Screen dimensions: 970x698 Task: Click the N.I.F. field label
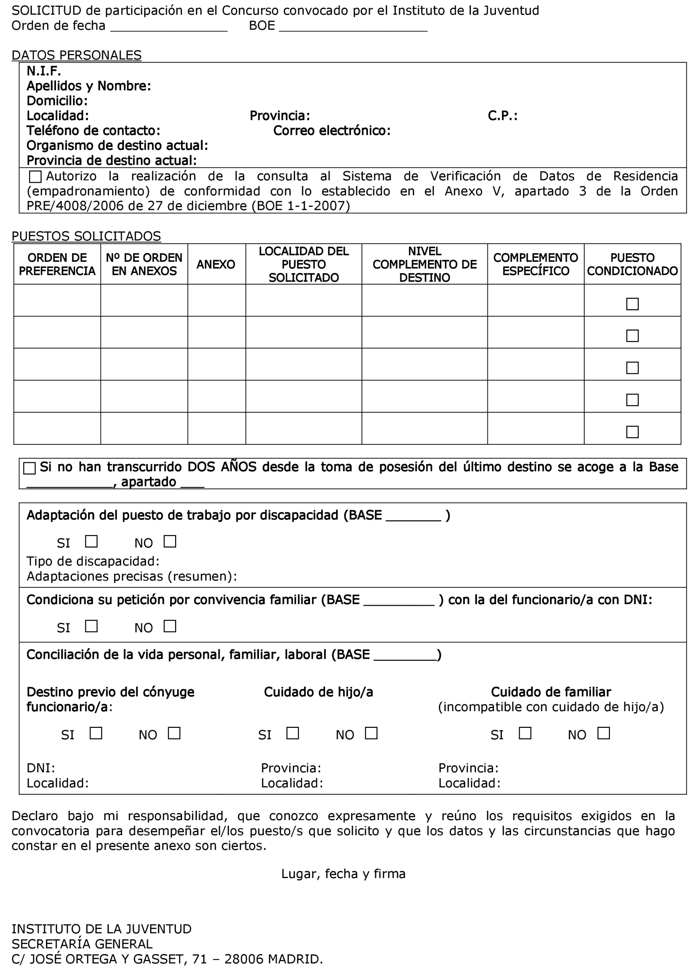click(44, 71)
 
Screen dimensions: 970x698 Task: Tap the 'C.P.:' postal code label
click(502, 116)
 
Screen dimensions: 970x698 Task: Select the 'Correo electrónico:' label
click(331, 131)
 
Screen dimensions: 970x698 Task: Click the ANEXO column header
click(216, 264)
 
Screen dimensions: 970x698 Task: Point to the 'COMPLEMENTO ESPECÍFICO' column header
click(535, 264)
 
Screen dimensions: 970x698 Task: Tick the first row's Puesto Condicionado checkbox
click(632, 304)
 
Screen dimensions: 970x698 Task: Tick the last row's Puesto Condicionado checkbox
click(632, 432)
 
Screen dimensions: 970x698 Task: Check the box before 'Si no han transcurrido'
click(29, 468)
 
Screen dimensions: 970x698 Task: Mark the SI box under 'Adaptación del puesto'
click(91, 542)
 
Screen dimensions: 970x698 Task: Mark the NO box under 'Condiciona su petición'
click(170, 626)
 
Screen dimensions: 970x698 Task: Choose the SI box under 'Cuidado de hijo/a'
click(293, 733)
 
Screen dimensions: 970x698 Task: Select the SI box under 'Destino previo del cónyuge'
click(96, 733)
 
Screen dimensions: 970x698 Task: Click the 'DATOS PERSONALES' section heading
click(76, 56)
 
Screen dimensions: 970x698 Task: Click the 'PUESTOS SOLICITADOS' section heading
click(86, 237)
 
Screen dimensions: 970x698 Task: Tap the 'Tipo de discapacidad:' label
click(93, 561)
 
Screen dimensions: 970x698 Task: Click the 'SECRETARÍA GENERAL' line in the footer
click(82, 944)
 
